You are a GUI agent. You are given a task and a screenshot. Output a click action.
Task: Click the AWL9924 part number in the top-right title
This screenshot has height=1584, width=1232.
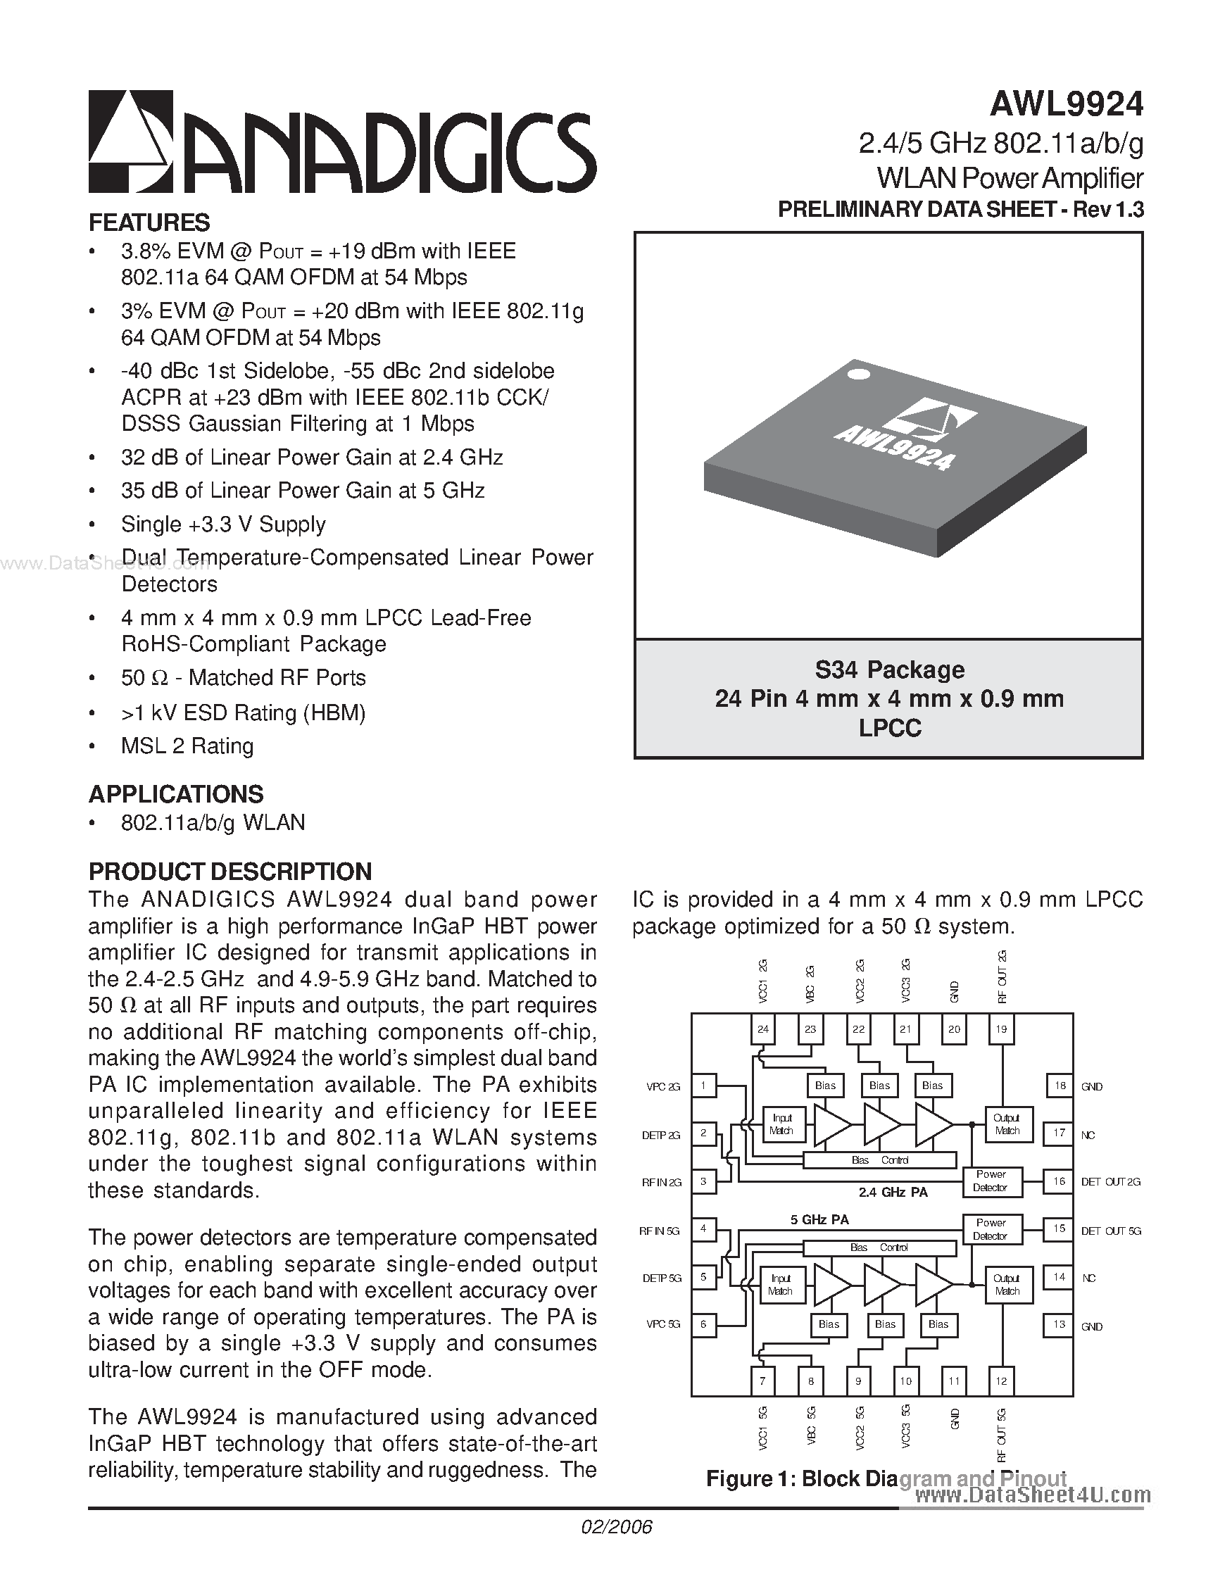point(1066,103)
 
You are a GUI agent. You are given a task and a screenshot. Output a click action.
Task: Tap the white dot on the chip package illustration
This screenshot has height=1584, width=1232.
point(859,375)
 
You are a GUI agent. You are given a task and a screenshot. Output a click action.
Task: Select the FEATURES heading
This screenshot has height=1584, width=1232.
point(149,222)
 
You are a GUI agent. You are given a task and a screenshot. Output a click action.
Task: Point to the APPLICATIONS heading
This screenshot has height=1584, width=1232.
point(175,794)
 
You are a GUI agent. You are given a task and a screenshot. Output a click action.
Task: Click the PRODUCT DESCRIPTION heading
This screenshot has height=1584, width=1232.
point(230,871)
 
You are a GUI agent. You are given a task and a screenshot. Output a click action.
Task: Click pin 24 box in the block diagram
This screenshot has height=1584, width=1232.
point(762,1029)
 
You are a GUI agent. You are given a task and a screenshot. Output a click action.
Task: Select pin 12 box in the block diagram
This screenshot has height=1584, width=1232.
point(1001,1382)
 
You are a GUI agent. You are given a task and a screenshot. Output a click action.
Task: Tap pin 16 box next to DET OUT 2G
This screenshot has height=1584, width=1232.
point(1060,1181)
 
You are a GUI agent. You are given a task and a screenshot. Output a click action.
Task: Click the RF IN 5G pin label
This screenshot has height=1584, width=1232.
point(659,1231)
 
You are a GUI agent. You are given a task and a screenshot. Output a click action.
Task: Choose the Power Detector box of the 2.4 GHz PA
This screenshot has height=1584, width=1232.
point(991,1181)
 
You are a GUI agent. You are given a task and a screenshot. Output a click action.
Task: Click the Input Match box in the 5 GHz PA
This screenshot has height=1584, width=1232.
point(780,1285)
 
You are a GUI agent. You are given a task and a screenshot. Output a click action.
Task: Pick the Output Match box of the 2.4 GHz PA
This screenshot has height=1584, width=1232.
point(1007,1124)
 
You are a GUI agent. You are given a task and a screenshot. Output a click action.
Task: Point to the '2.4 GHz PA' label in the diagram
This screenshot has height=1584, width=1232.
point(893,1193)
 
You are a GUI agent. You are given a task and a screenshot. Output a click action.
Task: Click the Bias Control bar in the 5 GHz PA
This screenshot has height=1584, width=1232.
point(879,1247)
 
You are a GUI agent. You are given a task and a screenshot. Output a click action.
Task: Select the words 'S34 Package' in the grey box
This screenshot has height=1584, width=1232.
point(889,670)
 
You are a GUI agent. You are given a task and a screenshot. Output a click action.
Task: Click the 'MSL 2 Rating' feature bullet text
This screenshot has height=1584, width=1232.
point(187,746)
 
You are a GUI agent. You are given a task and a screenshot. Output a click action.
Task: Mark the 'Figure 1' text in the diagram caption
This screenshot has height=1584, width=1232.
point(748,1479)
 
